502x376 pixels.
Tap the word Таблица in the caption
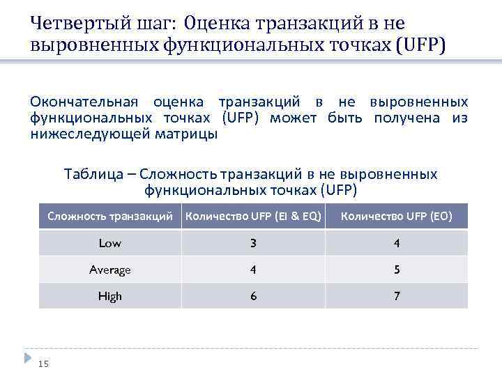pyautogui.click(x=93, y=173)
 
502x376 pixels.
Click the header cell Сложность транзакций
pyautogui.click(x=110, y=217)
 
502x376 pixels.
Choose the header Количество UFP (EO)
pyautogui.click(x=396, y=217)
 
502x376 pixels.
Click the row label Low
pyautogui.click(x=110, y=243)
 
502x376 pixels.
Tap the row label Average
pyautogui.click(x=110, y=269)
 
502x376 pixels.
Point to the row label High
pyautogui.click(x=110, y=296)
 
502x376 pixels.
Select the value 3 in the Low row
pyautogui.click(x=254, y=243)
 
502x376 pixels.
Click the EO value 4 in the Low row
pyautogui.click(x=397, y=243)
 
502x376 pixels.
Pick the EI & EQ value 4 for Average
pyautogui.click(x=254, y=269)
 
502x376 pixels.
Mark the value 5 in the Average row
pyautogui.click(x=397, y=269)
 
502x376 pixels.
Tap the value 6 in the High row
pyautogui.click(x=254, y=296)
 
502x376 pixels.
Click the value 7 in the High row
pyautogui.click(x=397, y=296)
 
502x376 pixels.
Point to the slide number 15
pyautogui.click(x=43, y=363)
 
